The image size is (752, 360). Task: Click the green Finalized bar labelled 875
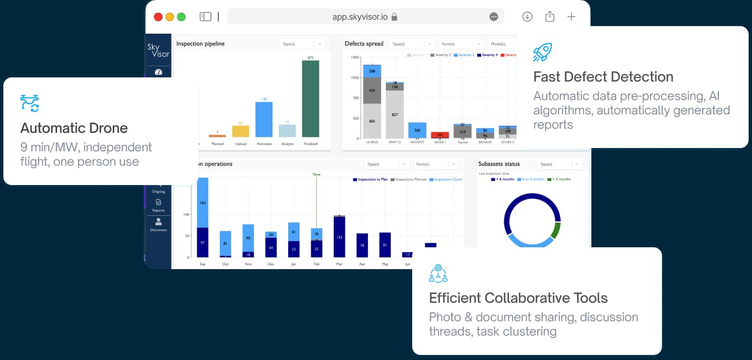(311, 99)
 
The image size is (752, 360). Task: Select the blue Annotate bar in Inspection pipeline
(264, 119)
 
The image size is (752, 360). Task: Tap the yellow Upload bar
(241, 131)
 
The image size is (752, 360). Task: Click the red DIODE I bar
(440, 135)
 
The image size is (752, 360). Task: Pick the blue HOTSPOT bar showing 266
(417, 130)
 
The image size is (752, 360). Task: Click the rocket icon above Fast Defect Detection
(542, 52)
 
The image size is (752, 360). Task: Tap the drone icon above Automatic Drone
(30, 103)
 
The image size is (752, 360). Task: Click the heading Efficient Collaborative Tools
(518, 298)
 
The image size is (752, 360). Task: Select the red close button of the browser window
(158, 17)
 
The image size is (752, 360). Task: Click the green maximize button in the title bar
(181, 17)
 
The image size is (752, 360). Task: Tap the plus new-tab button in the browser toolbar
(571, 17)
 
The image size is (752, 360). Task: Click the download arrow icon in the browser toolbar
(527, 17)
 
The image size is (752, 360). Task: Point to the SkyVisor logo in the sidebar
(158, 50)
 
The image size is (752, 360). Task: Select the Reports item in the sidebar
(158, 205)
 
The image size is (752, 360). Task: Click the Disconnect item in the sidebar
(158, 224)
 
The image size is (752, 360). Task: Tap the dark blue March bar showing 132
(339, 237)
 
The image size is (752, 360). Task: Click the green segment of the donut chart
(556, 230)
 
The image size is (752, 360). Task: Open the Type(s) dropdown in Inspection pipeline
(302, 44)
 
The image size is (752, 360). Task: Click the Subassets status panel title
(499, 164)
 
